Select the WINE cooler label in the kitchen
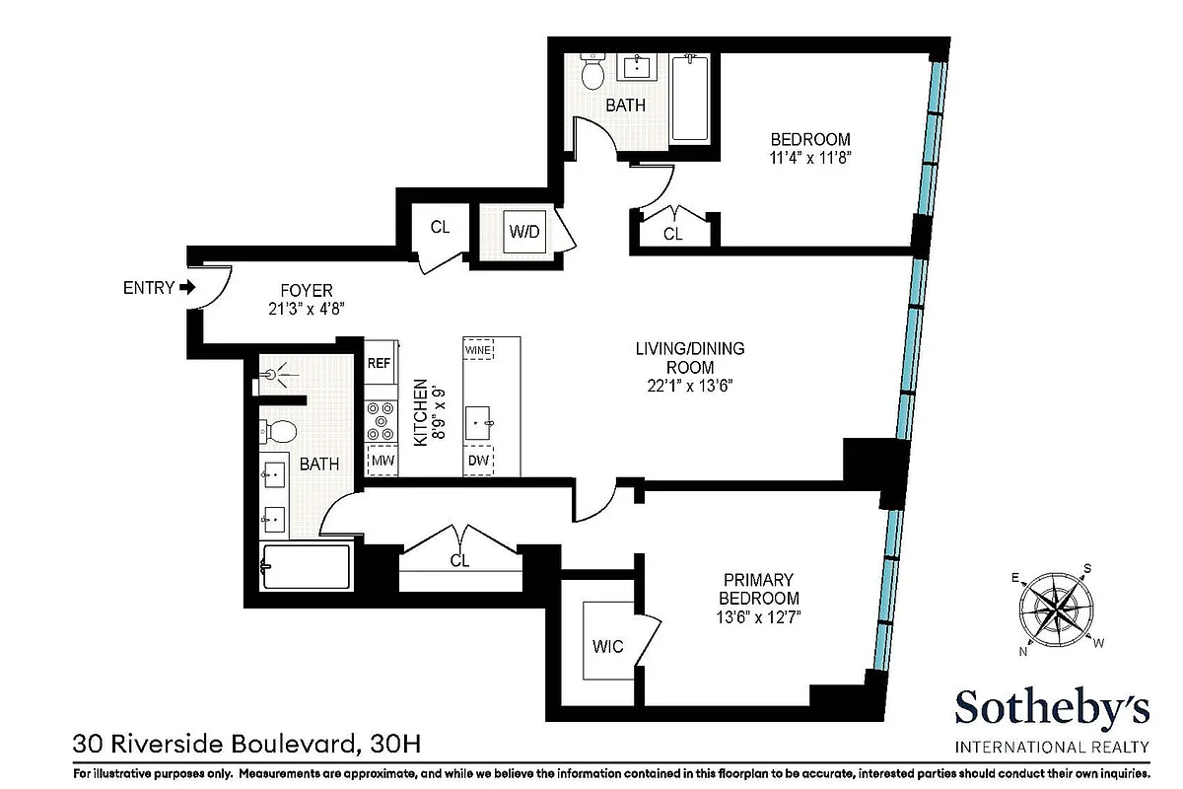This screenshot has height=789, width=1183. click(x=478, y=350)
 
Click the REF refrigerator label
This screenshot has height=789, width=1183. click(x=380, y=363)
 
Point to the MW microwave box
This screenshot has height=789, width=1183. click(x=381, y=460)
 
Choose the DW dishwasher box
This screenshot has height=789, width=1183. click(x=478, y=460)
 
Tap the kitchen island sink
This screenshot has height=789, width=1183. click(x=479, y=423)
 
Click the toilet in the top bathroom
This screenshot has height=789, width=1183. click(x=592, y=72)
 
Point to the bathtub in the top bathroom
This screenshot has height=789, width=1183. click(x=690, y=99)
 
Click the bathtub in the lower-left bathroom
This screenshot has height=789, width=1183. click(x=305, y=566)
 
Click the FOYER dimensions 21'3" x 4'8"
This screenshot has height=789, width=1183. click(x=307, y=309)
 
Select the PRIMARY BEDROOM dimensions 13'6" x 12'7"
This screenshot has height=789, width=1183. click(x=758, y=618)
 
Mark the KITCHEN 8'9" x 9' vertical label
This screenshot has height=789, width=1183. click(x=427, y=412)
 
